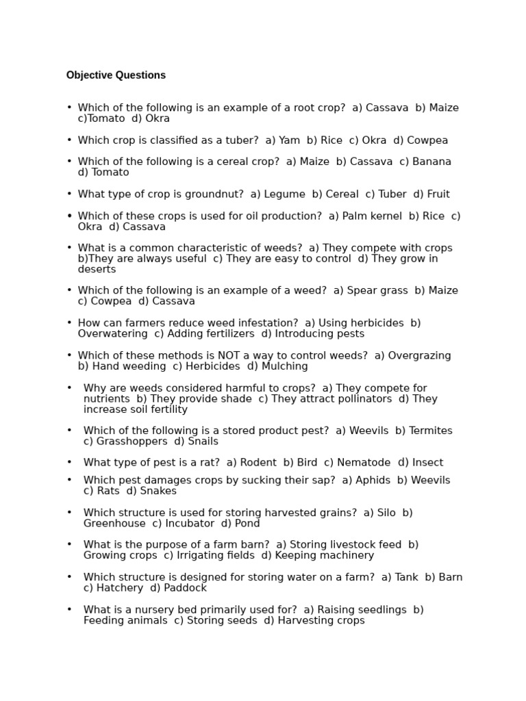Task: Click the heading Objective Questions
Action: point(116,75)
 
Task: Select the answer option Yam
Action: point(290,140)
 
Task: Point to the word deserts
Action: point(97,270)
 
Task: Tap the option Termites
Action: point(430,431)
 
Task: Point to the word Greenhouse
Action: point(114,524)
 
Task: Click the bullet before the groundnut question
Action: point(69,194)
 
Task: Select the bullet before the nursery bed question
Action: point(69,609)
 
